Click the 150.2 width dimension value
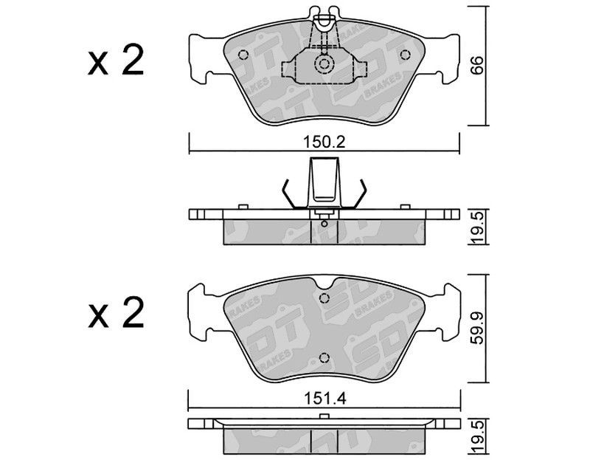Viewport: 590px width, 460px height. click(324, 143)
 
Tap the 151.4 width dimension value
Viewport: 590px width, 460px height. click(324, 398)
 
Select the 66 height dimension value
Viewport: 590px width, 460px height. click(476, 65)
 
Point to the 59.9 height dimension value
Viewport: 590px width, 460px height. click(476, 328)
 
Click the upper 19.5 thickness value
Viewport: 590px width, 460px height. click(476, 227)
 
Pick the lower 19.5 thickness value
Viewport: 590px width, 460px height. click(476, 438)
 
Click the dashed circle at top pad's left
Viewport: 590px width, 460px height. click(243, 55)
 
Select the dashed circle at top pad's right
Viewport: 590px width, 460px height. click(405, 55)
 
